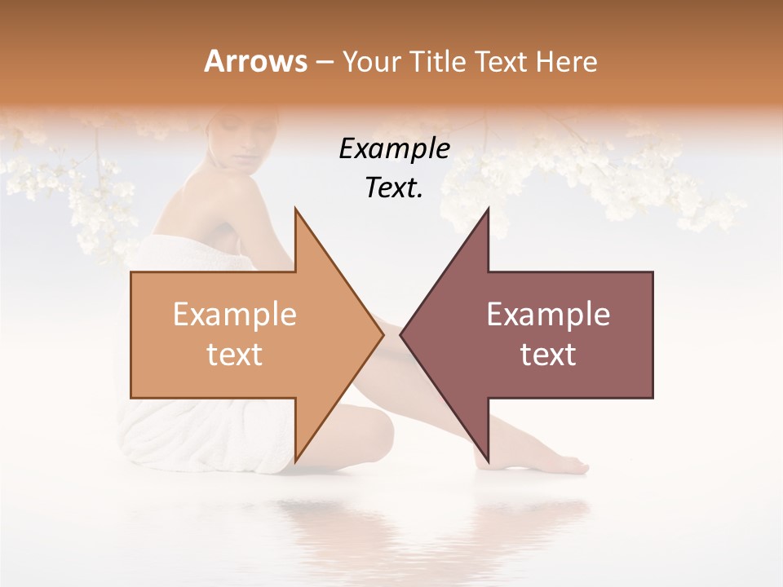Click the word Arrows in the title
(x=255, y=61)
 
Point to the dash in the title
(x=324, y=62)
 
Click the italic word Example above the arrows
(x=394, y=148)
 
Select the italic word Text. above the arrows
(x=394, y=188)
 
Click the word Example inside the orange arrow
(x=235, y=315)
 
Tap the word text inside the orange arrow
(x=235, y=355)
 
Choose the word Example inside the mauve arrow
(x=548, y=315)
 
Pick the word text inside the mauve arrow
(x=548, y=355)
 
